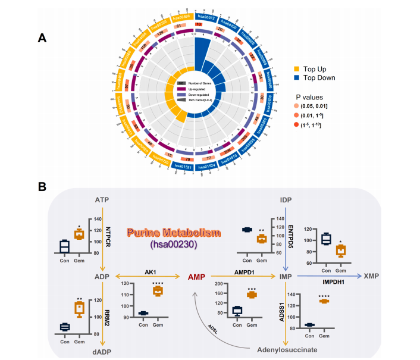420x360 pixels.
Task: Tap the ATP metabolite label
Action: [102, 199]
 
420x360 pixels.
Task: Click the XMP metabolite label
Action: [371, 277]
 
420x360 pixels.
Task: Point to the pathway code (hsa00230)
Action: [173, 243]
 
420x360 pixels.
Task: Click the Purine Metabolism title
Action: [173, 231]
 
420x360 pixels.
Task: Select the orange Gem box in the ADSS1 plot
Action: [325, 301]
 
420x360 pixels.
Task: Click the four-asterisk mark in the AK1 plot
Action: [158, 283]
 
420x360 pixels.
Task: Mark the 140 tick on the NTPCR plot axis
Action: [82, 218]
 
